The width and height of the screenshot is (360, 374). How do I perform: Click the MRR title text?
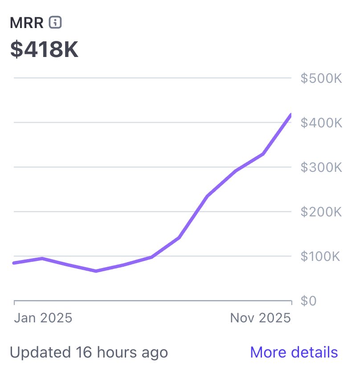point(27,23)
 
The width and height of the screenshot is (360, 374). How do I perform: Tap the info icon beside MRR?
point(55,22)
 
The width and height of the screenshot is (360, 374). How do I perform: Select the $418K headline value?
point(44,49)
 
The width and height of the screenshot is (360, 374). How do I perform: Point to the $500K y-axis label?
point(321,78)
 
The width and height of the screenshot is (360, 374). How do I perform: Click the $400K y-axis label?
point(321,123)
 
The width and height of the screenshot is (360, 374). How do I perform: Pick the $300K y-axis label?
point(321,167)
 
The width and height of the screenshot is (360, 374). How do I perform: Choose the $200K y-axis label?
point(321,212)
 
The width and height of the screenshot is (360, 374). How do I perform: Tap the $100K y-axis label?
point(321,256)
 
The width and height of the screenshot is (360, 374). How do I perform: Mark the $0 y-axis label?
point(308,301)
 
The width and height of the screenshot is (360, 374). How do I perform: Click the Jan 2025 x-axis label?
point(43,318)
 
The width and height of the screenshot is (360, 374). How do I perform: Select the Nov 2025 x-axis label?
point(260,318)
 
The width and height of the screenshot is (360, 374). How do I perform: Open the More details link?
point(294,352)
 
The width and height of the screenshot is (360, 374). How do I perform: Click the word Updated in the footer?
point(39,353)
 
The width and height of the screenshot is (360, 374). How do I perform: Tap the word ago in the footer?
point(154,353)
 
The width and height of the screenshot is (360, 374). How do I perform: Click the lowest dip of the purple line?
point(96,271)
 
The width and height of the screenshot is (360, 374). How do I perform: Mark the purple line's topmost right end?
point(290,115)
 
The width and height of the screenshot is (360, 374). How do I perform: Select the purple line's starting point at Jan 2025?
point(15,263)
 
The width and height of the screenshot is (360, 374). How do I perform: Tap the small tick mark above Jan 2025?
point(15,303)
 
